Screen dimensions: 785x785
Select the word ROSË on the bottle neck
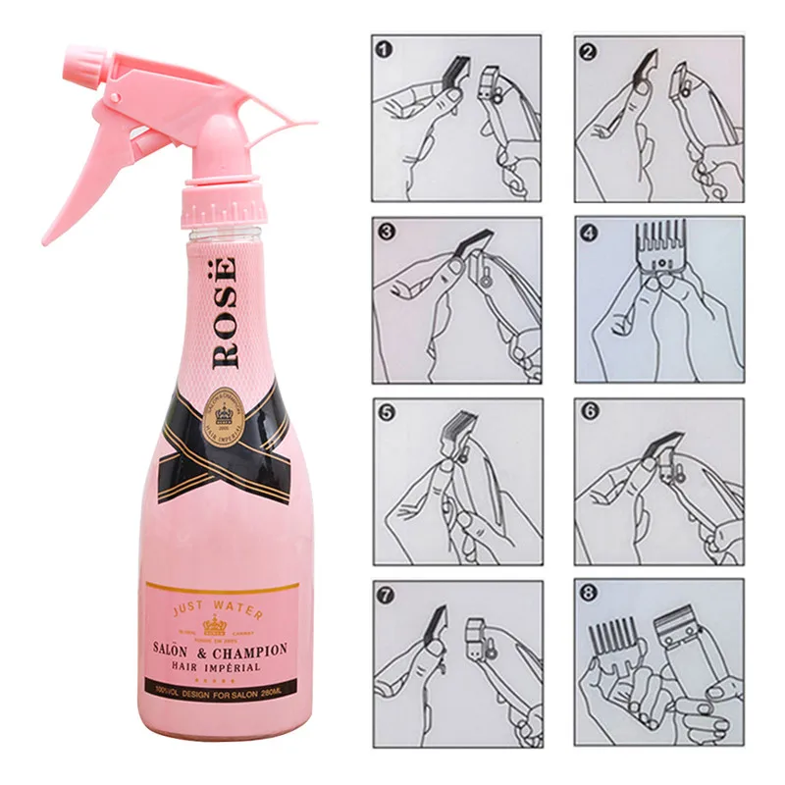226,310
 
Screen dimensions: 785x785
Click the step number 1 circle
384,48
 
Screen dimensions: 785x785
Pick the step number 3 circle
386,233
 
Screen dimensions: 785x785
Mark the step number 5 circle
386,413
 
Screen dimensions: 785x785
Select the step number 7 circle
386,595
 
